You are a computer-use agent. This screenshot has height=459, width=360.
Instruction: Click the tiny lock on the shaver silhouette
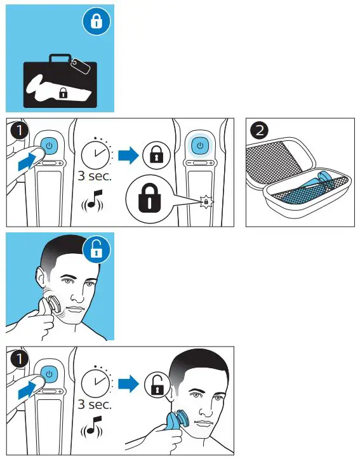[63, 93]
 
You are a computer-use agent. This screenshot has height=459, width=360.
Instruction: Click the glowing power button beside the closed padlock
[201, 145]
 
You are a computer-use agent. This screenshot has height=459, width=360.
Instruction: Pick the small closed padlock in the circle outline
[156, 154]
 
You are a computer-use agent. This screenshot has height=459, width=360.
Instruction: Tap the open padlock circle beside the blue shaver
[156, 385]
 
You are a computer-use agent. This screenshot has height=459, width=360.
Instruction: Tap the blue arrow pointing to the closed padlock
[128, 155]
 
